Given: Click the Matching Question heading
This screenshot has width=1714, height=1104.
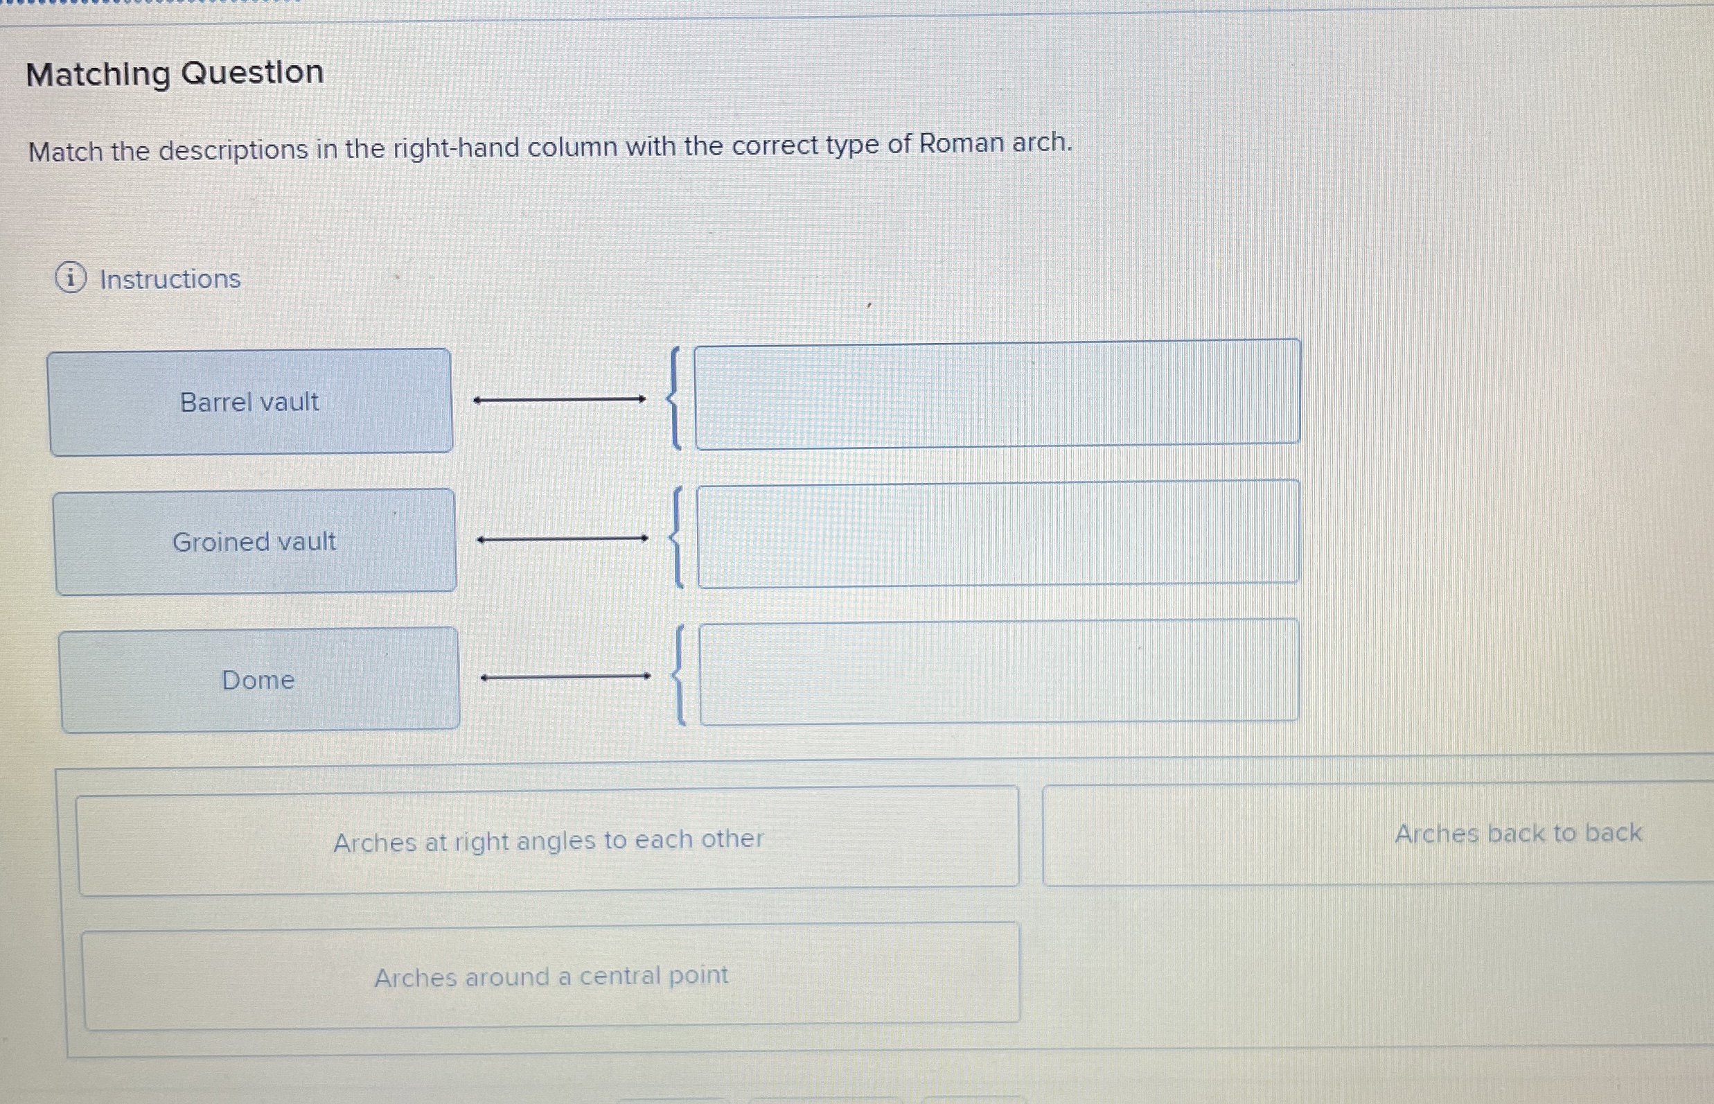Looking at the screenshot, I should [x=175, y=73].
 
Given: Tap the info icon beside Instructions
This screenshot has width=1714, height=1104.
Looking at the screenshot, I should [x=71, y=278].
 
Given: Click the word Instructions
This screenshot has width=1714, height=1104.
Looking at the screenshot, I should [x=170, y=279].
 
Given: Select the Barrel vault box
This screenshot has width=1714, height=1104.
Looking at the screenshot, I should [x=250, y=402].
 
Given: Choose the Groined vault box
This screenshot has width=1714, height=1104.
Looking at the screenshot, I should [x=254, y=542].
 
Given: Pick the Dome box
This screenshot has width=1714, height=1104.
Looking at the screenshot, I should [x=258, y=680].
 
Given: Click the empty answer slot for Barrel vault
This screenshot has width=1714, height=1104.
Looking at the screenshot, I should [x=997, y=394].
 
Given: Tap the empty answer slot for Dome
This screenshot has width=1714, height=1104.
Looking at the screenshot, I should [x=999, y=672].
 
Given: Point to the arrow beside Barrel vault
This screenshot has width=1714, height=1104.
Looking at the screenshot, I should [x=560, y=399].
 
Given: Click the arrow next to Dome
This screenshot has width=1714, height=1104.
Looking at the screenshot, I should [x=565, y=676].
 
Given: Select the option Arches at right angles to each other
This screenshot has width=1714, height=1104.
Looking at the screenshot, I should [x=548, y=840].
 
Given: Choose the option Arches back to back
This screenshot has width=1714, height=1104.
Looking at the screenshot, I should [x=1518, y=833].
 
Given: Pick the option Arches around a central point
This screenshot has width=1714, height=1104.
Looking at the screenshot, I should [x=551, y=976].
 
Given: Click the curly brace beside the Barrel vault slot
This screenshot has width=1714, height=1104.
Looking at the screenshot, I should [x=673, y=398].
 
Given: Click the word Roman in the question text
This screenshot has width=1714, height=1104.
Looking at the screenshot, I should [x=961, y=144].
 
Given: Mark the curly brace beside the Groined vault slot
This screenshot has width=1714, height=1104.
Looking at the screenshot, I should [x=675, y=538].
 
